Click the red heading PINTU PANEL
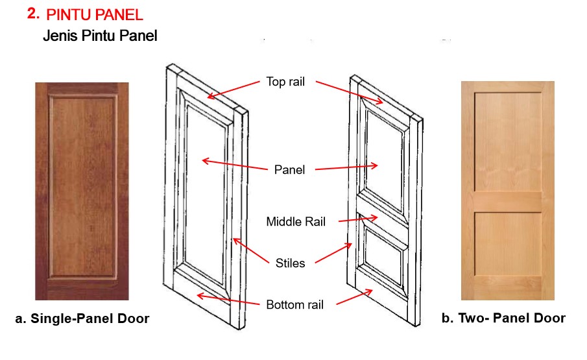95,14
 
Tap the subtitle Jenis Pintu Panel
100,36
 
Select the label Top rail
285,82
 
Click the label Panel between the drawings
289,169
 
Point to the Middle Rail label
296,222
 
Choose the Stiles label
290,263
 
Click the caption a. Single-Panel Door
82,318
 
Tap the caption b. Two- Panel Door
503,318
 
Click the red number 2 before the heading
34,14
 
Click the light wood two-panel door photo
507,191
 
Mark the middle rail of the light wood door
507,201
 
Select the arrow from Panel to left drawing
234,165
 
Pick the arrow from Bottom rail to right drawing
353,298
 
